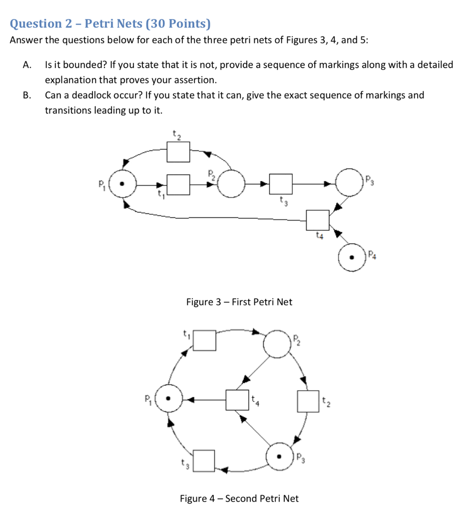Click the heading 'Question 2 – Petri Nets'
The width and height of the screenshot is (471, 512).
point(110,23)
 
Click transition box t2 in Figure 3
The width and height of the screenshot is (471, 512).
point(178,151)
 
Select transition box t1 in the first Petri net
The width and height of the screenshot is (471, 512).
point(178,184)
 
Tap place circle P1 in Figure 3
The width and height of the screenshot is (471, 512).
point(122,183)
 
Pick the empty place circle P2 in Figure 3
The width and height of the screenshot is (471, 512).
point(231,184)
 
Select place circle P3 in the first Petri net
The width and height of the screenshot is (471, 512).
point(350,182)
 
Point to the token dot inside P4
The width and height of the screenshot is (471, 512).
point(352,257)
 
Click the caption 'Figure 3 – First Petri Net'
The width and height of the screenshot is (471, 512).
point(239,302)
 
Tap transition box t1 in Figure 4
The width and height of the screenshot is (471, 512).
point(205,340)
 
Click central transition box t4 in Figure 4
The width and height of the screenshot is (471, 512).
point(237,399)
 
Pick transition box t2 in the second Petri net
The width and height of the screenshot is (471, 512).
point(308,401)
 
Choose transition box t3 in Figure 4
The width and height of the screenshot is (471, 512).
point(204,460)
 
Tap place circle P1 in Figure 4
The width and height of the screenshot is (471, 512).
point(168,399)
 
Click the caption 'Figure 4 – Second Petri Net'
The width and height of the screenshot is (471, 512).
point(239,498)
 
